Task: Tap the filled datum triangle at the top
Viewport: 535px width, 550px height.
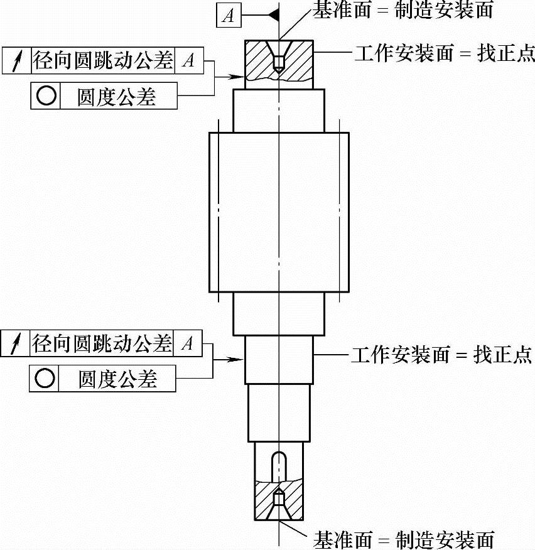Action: (272, 15)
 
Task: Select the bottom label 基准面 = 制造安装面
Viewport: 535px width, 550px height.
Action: (404, 539)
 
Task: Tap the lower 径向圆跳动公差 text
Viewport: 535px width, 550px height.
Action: (102, 343)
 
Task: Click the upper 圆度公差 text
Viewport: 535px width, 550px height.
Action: (116, 96)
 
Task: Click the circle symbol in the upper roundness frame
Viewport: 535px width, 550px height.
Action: (46, 96)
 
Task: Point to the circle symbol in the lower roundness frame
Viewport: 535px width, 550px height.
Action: (44, 379)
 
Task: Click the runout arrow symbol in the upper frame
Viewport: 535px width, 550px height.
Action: (16, 60)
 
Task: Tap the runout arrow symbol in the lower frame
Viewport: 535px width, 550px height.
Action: (16, 343)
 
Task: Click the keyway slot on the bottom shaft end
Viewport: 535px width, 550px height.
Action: (278, 465)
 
